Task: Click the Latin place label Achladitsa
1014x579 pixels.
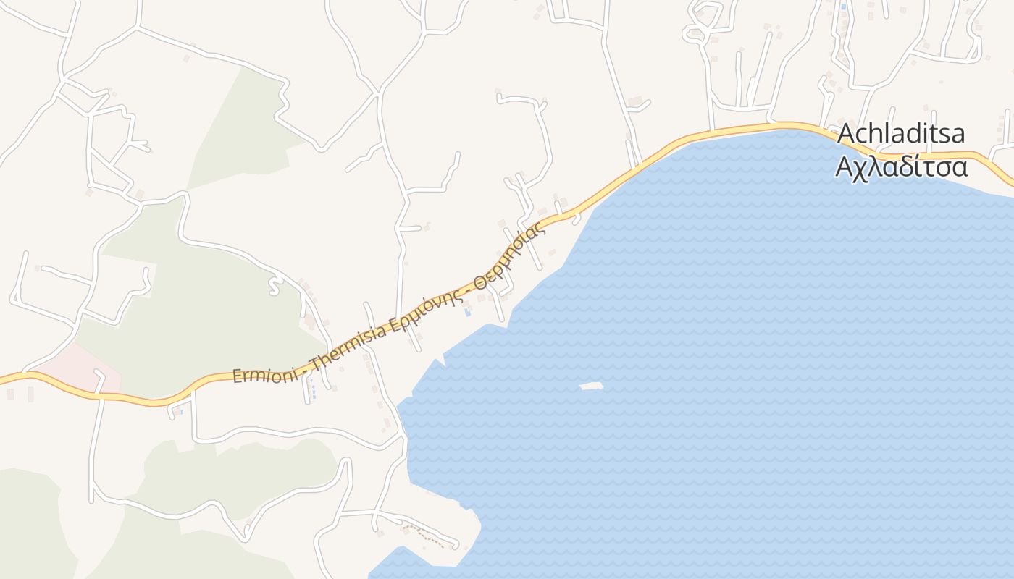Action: coord(902,135)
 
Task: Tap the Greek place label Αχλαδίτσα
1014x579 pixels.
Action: coord(902,167)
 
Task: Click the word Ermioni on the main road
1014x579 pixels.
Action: coord(265,373)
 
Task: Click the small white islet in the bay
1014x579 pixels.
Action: coord(592,386)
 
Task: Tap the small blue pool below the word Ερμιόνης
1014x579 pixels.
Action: coord(467,313)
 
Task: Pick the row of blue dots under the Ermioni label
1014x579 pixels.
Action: coord(313,391)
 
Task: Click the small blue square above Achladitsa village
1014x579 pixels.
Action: coord(842,7)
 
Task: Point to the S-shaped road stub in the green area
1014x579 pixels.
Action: coord(274,286)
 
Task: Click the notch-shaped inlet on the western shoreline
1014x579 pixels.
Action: coord(440,360)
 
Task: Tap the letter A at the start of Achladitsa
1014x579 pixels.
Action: coord(847,135)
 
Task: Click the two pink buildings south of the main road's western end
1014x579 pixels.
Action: coord(20,394)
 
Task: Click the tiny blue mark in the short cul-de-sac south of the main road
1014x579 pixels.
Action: coord(180,412)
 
